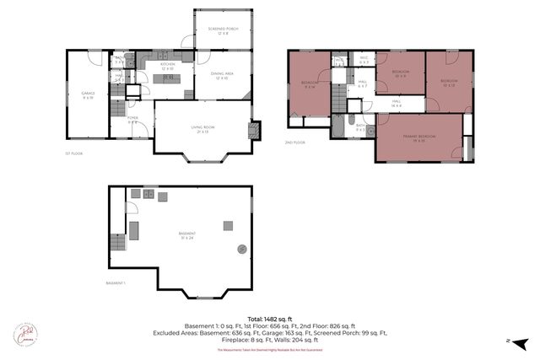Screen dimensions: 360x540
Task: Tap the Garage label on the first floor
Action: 88,94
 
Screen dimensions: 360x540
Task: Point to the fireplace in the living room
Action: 251,131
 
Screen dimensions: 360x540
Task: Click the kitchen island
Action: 166,79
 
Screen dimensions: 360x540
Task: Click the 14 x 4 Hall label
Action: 395,103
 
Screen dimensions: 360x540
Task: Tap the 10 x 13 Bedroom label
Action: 448,83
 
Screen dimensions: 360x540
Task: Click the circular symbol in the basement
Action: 242,249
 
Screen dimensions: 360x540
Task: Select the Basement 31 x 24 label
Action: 187,234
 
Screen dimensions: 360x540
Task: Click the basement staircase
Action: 116,247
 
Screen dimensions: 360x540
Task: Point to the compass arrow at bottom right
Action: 521,341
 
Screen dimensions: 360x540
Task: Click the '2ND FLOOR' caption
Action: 294,142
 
